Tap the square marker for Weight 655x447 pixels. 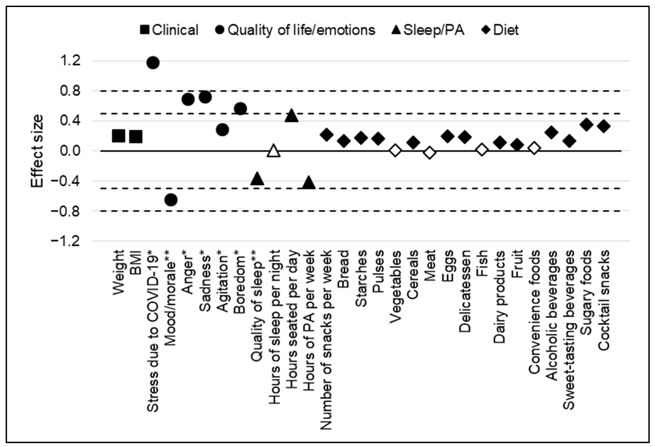[118, 136]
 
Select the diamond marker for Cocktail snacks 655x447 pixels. [604, 126]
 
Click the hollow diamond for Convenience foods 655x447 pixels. [534, 148]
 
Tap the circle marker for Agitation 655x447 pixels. [222, 130]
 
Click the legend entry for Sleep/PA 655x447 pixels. [428, 30]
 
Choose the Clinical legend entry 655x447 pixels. [169, 30]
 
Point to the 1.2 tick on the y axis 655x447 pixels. [70, 61]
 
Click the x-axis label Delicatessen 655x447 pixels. [465, 291]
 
